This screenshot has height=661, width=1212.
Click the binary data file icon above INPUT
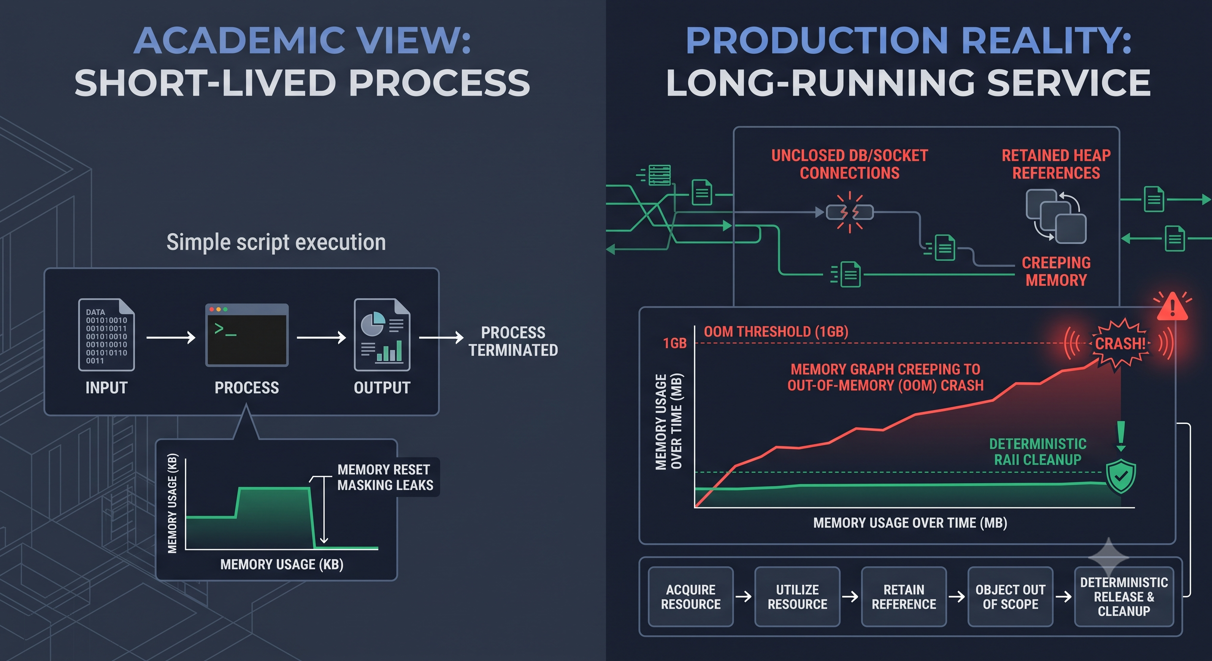pos(106,334)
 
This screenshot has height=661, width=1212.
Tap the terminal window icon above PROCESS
pos(247,335)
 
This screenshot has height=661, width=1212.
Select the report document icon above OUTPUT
pos(382,334)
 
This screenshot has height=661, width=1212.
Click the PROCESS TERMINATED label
pos(513,341)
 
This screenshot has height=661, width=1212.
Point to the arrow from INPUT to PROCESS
pos(171,337)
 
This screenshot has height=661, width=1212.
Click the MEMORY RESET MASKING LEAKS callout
pos(385,477)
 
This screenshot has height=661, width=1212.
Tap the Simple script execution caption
pos(276,242)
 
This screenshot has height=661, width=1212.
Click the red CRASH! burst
pos(1120,343)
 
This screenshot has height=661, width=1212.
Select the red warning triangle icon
pos(1172,307)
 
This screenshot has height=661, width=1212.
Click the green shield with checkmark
pos(1121,476)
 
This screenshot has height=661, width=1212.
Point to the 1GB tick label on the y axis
pos(675,343)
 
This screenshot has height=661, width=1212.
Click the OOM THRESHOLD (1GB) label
pos(776,332)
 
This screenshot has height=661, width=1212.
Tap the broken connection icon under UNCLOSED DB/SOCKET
pos(850,212)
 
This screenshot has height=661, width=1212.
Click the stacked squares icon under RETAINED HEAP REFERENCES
pos(1056,216)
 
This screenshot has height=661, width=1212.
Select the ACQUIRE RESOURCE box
pos(691,596)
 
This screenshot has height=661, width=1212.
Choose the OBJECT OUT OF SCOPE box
pos(1010,596)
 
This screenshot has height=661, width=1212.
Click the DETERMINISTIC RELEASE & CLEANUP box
pos(1124,596)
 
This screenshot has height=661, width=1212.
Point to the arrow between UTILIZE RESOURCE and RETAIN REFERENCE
pos(850,597)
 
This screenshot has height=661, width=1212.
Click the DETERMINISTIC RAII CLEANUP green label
pos(1037,452)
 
